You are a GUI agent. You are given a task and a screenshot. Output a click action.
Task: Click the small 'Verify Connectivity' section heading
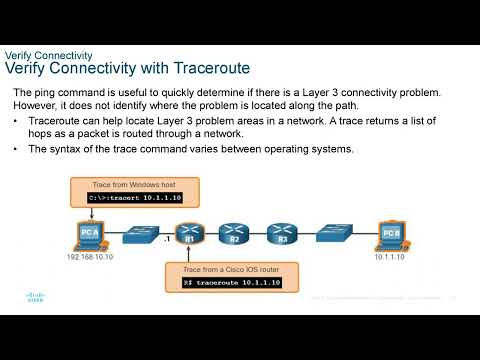click(x=50, y=55)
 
